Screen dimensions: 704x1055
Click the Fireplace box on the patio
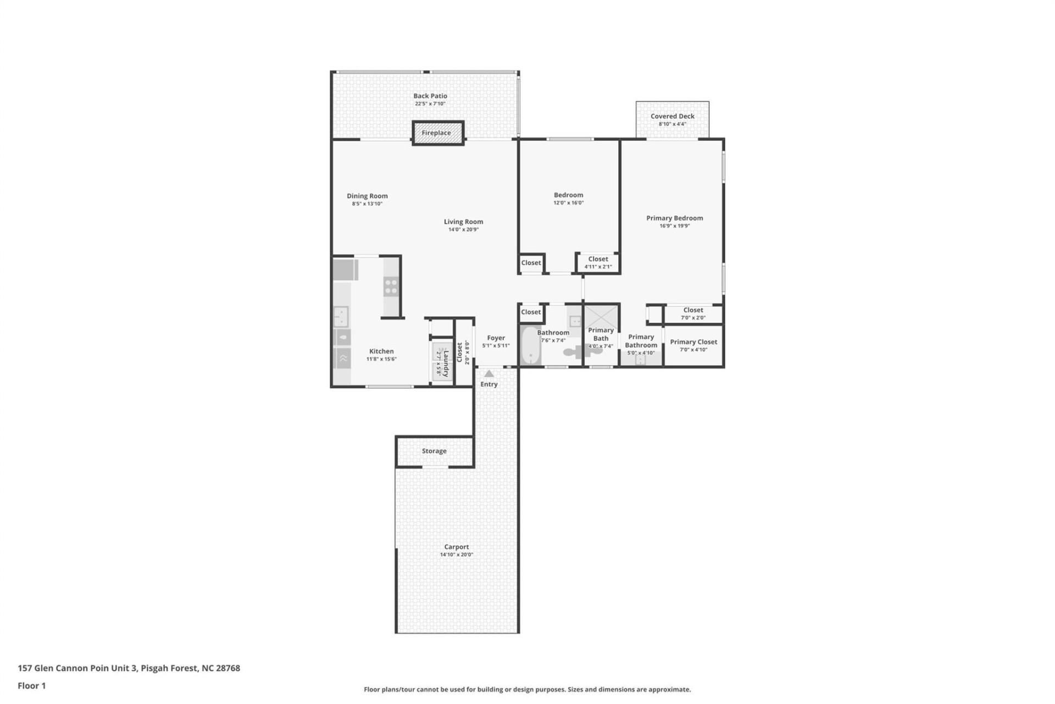pyautogui.click(x=438, y=133)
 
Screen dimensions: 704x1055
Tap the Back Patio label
pyautogui.click(x=430, y=96)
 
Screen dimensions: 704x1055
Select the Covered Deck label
pyautogui.click(x=672, y=116)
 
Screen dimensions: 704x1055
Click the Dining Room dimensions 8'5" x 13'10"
pyautogui.click(x=367, y=204)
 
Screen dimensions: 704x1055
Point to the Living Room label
pyautogui.click(x=463, y=222)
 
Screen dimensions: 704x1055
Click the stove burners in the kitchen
pyautogui.click(x=391, y=287)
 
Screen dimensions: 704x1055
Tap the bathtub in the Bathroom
pyautogui.click(x=530, y=345)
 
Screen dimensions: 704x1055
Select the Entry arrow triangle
pyautogui.click(x=488, y=374)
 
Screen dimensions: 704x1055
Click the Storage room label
pyautogui.click(x=434, y=451)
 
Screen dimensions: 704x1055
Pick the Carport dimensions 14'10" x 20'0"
pyautogui.click(x=456, y=555)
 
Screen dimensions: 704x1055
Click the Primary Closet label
pyautogui.click(x=693, y=342)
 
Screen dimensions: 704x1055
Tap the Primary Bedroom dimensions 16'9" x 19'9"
pyautogui.click(x=674, y=226)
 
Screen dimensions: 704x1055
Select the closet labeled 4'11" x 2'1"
pyautogui.click(x=598, y=263)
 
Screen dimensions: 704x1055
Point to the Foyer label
pyautogui.click(x=496, y=338)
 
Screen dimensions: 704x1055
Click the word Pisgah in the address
pyautogui.click(x=154, y=668)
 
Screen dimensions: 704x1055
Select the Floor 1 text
pyautogui.click(x=32, y=686)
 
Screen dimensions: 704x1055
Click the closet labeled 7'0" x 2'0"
pyautogui.click(x=693, y=313)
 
